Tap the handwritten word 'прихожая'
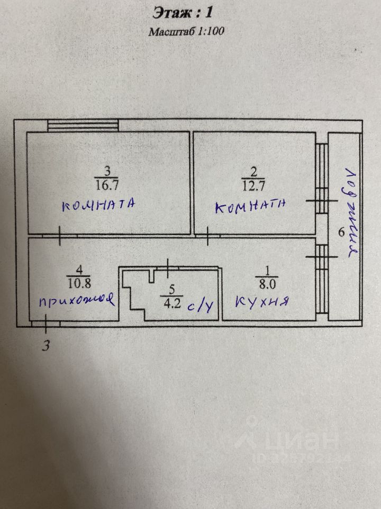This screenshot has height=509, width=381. point(76,301)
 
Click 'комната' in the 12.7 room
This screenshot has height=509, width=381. point(251,206)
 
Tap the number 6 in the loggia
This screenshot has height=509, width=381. point(341,232)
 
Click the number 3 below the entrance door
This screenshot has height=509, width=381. point(46,346)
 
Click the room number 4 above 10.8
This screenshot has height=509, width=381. point(79,267)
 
